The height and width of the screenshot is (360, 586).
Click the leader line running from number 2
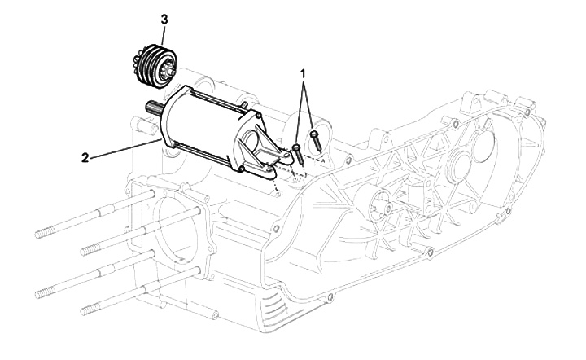pos(122,147)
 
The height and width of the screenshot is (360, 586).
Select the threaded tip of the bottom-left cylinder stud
pos(87,307)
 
